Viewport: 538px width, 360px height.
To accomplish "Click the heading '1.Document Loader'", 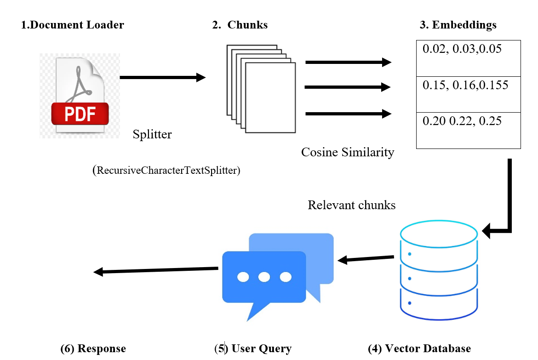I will pyautogui.click(x=73, y=25).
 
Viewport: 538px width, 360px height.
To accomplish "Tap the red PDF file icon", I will pyautogui.click(x=80, y=96).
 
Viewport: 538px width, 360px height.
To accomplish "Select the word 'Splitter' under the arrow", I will pyautogui.click(x=152, y=135).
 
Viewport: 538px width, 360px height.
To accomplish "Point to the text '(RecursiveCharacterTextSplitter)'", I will pyautogui.click(x=166, y=171).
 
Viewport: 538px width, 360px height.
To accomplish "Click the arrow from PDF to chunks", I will pyautogui.click(x=162, y=78).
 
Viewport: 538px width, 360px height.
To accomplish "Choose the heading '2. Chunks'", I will pyautogui.click(x=240, y=25).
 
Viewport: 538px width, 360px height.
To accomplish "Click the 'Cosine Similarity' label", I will pyautogui.click(x=348, y=152).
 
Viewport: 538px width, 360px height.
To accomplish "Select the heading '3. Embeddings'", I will pyautogui.click(x=458, y=25).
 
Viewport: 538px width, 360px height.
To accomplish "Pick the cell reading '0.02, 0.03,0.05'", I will pyautogui.click(x=468, y=58).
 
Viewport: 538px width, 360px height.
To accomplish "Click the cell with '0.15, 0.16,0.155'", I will pyautogui.click(x=468, y=94).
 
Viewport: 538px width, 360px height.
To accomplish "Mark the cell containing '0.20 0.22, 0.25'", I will pyautogui.click(x=468, y=130).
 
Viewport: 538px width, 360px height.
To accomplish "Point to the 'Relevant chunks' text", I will pyautogui.click(x=351, y=205).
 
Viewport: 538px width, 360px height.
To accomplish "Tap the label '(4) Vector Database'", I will pyautogui.click(x=419, y=349).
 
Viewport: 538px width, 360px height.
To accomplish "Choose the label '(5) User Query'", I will pyautogui.click(x=253, y=349).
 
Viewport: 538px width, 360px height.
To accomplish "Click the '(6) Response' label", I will pyautogui.click(x=93, y=349).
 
